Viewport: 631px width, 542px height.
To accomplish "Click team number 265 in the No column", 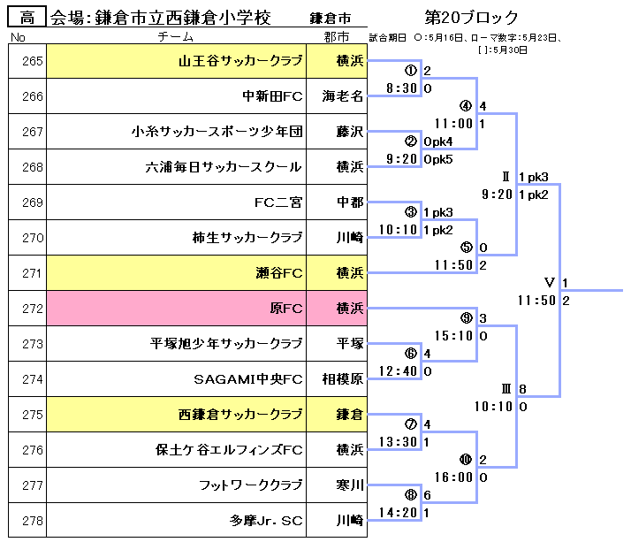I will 27,62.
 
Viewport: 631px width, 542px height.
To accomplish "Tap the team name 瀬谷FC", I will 278,274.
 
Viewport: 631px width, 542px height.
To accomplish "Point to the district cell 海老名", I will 342,97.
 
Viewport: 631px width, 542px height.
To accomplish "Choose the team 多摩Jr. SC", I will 266,521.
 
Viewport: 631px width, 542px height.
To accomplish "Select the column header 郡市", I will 337,37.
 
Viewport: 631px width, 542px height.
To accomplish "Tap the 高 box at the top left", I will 27,18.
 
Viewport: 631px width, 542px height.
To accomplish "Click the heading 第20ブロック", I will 471,18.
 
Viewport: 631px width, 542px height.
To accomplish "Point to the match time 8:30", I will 402,88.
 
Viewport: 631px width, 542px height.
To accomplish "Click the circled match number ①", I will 410,70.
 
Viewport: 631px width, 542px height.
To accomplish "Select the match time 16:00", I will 455,477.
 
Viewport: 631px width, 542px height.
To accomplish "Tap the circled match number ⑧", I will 410,494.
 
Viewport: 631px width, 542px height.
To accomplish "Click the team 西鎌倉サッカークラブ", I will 240,415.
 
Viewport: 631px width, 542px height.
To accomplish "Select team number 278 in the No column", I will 27,521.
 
